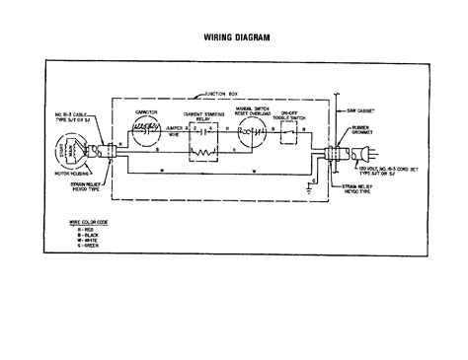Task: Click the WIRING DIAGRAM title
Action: (x=234, y=38)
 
